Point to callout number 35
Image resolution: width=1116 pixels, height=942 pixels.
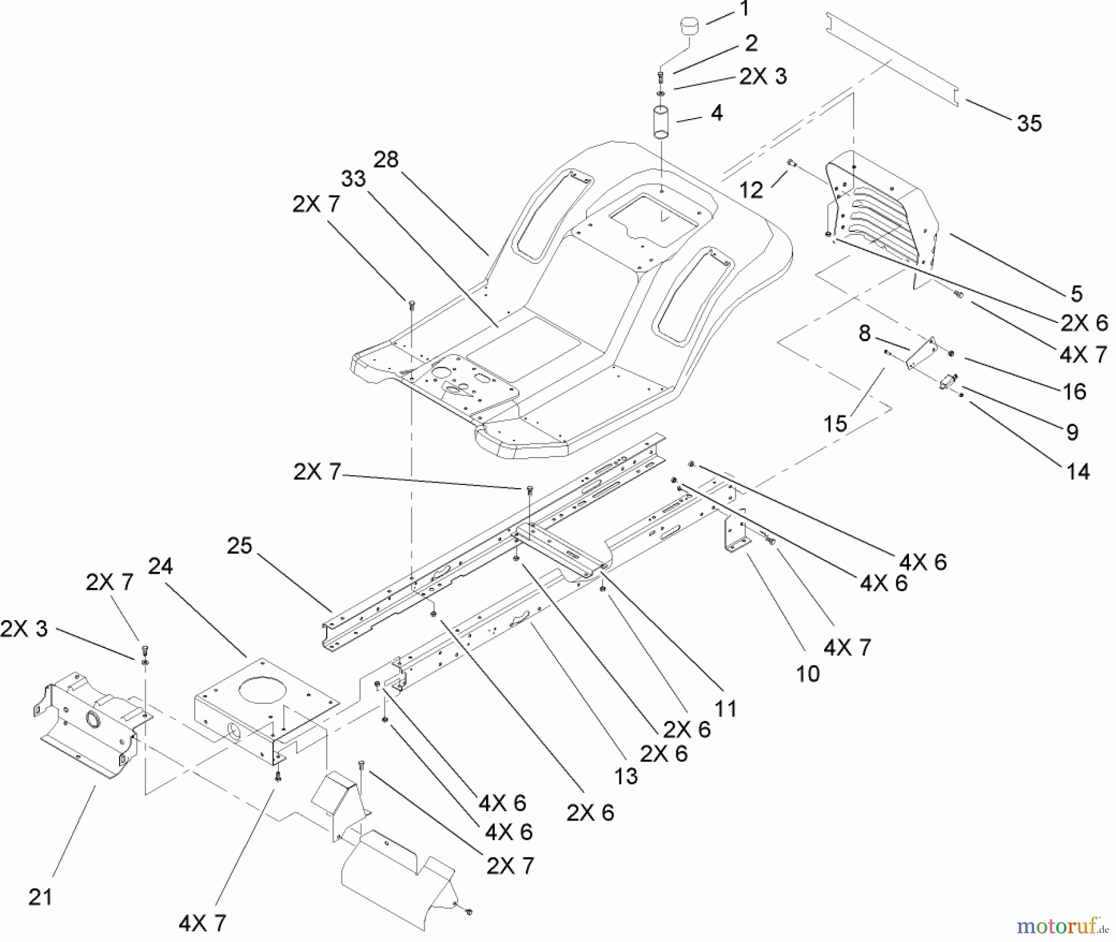pyautogui.click(x=1029, y=123)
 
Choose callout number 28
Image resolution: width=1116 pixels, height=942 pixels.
pyautogui.click(x=386, y=160)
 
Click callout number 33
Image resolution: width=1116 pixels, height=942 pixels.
pyautogui.click(x=353, y=179)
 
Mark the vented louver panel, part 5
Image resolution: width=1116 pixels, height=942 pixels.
pyautogui.click(x=880, y=211)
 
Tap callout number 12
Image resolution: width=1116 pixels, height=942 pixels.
pyautogui.click(x=751, y=190)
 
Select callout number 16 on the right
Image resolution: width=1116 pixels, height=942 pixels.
pyautogui.click(x=1074, y=391)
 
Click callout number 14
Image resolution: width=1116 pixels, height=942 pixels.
pyautogui.click(x=1078, y=472)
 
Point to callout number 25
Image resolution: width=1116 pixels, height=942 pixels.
pyautogui.click(x=239, y=546)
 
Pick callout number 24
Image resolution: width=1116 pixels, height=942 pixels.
pyautogui.click(x=160, y=566)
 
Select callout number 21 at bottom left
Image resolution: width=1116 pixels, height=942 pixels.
pyautogui.click(x=40, y=897)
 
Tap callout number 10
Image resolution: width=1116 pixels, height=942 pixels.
pyautogui.click(x=807, y=673)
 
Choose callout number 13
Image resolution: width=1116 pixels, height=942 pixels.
pyautogui.click(x=626, y=776)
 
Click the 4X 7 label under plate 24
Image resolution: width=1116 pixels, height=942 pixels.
pyautogui.click(x=202, y=923)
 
